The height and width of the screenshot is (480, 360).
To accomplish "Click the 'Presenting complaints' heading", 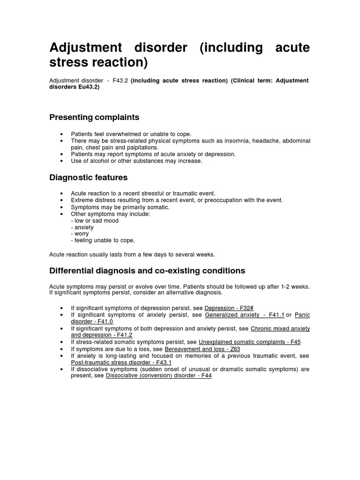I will click(94, 117).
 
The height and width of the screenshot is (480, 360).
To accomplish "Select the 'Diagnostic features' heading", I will click(88, 178).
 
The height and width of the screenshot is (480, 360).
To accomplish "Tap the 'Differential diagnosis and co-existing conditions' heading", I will click(147, 270).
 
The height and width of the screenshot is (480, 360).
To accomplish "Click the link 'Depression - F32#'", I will click(229, 307).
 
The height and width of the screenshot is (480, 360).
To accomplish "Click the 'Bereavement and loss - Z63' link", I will click(202, 349).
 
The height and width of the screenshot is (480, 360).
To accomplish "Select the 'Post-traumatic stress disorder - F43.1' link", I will click(121, 363).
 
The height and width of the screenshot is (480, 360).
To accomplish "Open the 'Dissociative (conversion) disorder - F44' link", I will click(159, 376).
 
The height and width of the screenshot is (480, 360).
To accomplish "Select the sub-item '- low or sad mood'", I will click(95, 220).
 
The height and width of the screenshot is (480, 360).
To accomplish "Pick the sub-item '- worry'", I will click(80, 233).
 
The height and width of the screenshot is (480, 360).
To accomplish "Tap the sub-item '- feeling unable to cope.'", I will click(103, 240).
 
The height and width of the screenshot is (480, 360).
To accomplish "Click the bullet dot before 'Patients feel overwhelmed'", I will click(62, 134).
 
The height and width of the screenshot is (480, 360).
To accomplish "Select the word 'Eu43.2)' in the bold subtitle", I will click(89, 87).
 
